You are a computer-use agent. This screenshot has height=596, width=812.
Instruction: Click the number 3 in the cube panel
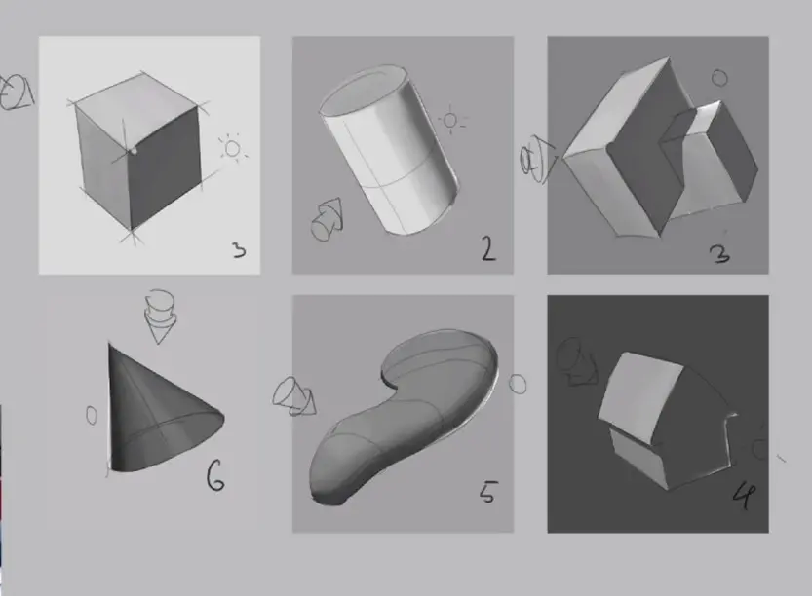(x=239, y=250)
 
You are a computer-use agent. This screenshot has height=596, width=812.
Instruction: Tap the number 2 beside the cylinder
(x=487, y=248)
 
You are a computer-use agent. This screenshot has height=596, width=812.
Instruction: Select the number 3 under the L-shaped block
(x=720, y=254)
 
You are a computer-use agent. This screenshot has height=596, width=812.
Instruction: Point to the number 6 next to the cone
(x=215, y=476)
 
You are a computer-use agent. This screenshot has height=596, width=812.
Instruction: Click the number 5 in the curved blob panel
(x=487, y=492)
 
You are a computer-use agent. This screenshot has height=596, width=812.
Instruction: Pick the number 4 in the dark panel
(x=744, y=495)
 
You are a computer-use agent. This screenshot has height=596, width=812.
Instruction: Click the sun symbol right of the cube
(x=233, y=149)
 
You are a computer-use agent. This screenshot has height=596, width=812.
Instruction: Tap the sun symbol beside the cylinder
(x=450, y=121)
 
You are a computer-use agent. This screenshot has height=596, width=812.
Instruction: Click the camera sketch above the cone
(x=160, y=317)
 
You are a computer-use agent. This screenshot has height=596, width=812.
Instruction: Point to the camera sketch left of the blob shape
(x=294, y=396)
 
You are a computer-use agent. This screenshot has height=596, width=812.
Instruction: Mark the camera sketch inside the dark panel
(x=577, y=361)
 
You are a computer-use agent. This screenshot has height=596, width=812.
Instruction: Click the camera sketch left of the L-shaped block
(x=537, y=159)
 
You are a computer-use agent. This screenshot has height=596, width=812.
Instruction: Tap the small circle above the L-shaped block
(x=719, y=78)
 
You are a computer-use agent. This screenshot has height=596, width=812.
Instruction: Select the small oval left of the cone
(x=92, y=415)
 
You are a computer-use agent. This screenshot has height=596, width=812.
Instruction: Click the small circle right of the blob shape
(x=518, y=385)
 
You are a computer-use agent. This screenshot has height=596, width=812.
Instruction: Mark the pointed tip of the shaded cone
(x=109, y=343)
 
